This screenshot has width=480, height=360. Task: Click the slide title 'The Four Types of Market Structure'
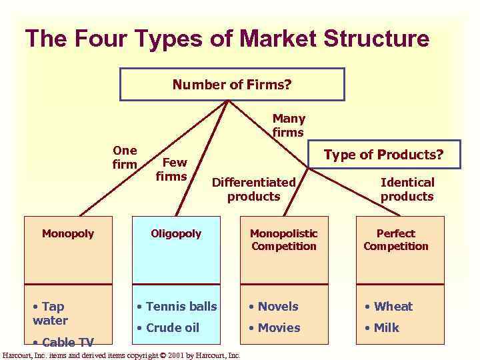pyautogui.click(x=227, y=38)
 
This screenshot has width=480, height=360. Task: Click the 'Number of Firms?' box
pyautogui.click(x=232, y=85)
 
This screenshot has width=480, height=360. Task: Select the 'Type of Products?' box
pyautogui.click(x=383, y=155)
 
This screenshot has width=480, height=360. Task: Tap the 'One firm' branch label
pyautogui.click(x=125, y=157)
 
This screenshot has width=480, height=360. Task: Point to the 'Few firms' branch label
pyautogui.click(x=172, y=169)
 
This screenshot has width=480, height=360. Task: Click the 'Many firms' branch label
pyautogui.click(x=288, y=125)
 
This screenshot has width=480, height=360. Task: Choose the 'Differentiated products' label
pyautogui.click(x=253, y=189)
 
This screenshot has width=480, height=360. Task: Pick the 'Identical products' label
pyautogui.click(x=407, y=189)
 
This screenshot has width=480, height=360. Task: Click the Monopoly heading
pyautogui.click(x=68, y=233)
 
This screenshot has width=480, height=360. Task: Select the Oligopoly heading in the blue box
pyautogui.click(x=176, y=233)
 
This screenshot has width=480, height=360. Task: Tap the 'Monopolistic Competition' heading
pyautogui.click(x=284, y=240)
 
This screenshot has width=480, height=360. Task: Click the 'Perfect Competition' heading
pyautogui.click(x=396, y=240)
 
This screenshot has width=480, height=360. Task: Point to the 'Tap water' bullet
pyautogui.click(x=51, y=313)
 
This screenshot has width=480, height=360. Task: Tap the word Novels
pyautogui.click(x=278, y=307)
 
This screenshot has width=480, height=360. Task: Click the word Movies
pyautogui.click(x=279, y=328)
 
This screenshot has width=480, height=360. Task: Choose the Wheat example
pyautogui.click(x=393, y=307)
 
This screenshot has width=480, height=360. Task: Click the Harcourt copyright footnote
pyautogui.click(x=121, y=355)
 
